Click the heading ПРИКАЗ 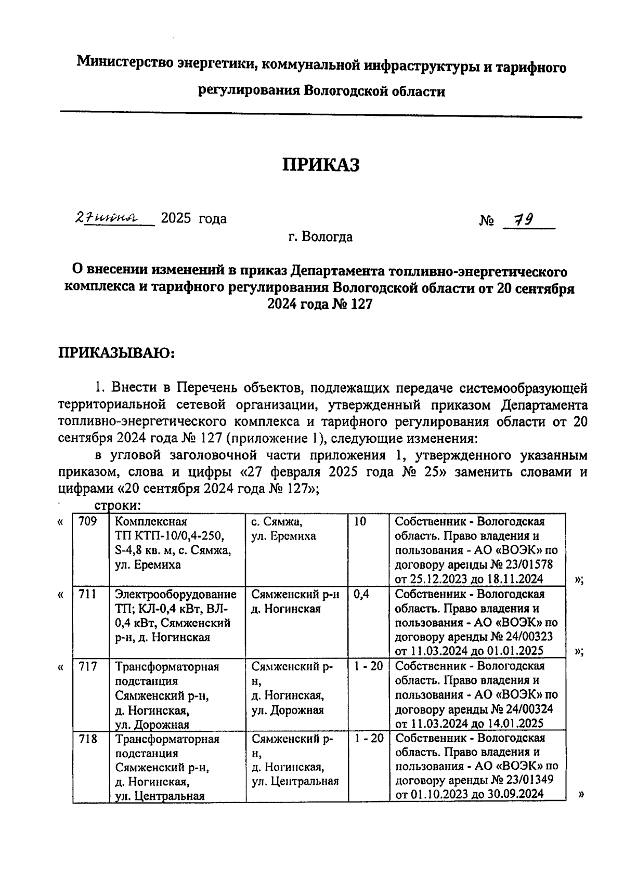321,165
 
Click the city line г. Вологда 321,238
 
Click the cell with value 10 360,521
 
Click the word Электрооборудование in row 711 176,594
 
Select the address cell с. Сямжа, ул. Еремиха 283,529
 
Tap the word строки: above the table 118,506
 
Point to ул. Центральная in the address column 295,781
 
